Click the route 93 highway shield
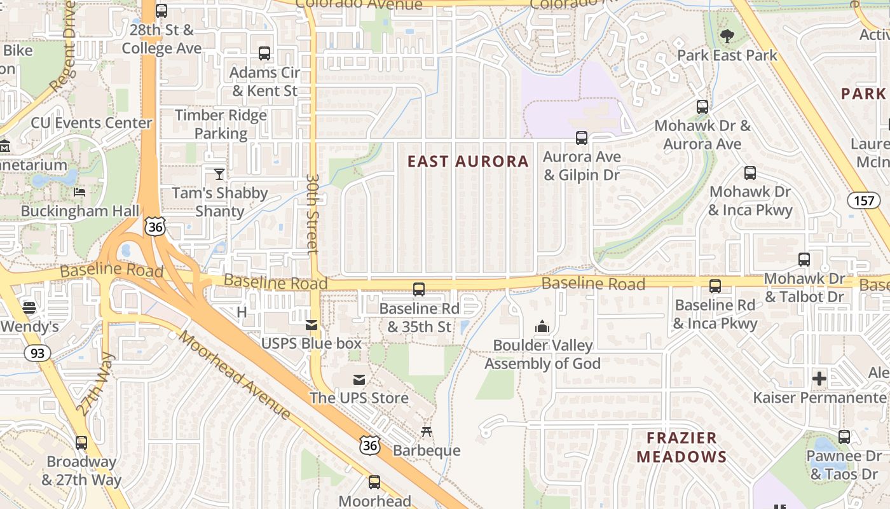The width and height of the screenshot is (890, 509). (x=37, y=353)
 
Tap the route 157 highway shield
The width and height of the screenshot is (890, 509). (x=864, y=201)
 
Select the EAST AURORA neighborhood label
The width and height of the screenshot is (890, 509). (x=468, y=162)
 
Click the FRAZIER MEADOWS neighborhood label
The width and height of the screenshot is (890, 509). (x=681, y=447)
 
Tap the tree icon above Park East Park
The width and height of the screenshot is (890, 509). (x=727, y=37)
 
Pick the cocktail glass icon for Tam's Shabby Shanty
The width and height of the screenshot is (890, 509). (x=219, y=174)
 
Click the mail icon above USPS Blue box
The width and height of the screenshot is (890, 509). (x=311, y=325)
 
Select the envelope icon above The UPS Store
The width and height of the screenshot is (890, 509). (x=359, y=380)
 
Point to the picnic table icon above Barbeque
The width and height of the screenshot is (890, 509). (x=427, y=432)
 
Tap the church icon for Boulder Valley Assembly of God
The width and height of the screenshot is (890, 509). (x=542, y=327)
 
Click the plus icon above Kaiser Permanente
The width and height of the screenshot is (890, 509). (x=819, y=379)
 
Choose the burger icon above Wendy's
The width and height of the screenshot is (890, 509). (x=29, y=308)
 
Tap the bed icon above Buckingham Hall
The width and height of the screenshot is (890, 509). (x=79, y=192)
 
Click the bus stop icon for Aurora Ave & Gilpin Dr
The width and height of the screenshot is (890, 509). (x=581, y=137)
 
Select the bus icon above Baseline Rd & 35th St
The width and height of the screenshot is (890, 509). (x=419, y=289)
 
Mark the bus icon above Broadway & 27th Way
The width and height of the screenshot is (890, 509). (x=81, y=443)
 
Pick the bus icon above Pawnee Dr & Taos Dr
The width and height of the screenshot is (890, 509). (x=844, y=437)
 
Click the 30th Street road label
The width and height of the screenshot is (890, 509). (x=312, y=214)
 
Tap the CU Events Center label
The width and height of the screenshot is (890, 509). (x=92, y=123)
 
